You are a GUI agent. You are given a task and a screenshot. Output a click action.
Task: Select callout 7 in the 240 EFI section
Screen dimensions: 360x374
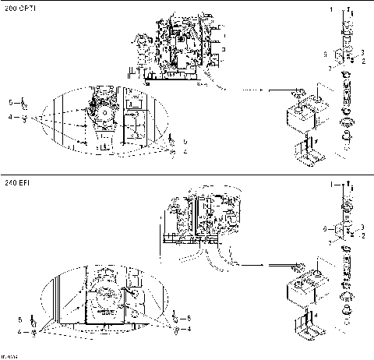pyautogui.click(x=330, y=244)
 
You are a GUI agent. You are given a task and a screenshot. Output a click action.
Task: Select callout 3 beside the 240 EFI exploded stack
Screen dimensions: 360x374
pyautogui.click(x=363, y=225)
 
